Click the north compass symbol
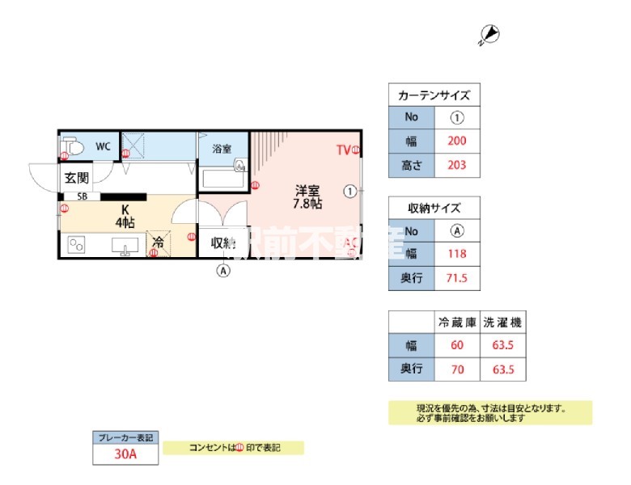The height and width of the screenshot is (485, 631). click(x=490, y=34)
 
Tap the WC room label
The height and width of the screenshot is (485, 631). click(x=103, y=146)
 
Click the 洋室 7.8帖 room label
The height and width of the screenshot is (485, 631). click(x=307, y=198)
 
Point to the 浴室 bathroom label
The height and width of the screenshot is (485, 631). click(x=222, y=150)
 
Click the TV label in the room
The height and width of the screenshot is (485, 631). click(x=343, y=150)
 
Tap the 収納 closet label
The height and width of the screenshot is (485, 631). click(x=222, y=242)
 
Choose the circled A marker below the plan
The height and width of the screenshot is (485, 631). click(x=223, y=271)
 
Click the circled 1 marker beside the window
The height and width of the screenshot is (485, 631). click(x=349, y=192)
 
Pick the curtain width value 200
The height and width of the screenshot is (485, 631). click(x=457, y=141)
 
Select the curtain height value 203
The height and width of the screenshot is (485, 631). click(x=457, y=166)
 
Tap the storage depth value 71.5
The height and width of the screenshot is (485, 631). click(x=457, y=279)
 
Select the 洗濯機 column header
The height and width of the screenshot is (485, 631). click(x=502, y=322)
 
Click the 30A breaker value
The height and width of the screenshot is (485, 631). click(x=125, y=454)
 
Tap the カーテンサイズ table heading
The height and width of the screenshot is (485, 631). click(x=434, y=95)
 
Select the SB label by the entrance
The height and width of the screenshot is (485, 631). click(x=83, y=196)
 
